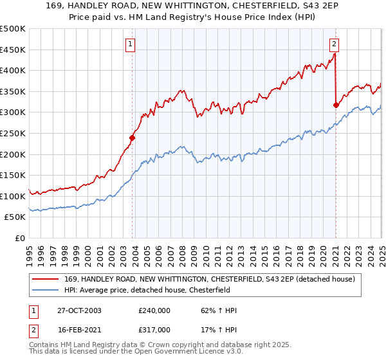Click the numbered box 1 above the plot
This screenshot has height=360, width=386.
pos(131,44)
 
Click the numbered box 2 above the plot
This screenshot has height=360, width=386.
pos(335,44)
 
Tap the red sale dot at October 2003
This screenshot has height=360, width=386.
pos(133,138)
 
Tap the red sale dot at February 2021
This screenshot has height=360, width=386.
pos(336,105)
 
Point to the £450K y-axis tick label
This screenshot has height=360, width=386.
pos(13,50)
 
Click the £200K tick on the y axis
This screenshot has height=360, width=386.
pos(13,154)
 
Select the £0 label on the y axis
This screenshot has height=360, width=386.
pos(21,238)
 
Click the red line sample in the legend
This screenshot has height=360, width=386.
pos(47,278)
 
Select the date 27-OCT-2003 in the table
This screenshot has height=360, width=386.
pos(79,310)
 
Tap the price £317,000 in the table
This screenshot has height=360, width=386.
pos(154,329)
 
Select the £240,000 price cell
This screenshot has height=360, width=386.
pos(154,310)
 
